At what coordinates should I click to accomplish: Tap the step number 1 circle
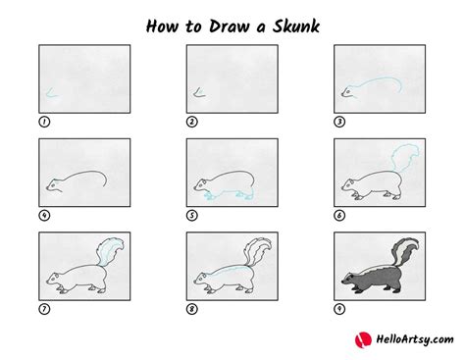click(42, 123)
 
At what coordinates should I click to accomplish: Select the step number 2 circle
click(191, 123)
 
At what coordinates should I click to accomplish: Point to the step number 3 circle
click(339, 123)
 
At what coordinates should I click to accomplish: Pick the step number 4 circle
click(42, 216)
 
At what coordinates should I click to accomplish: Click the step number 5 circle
click(191, 216)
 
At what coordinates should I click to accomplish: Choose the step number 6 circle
click(339, 216)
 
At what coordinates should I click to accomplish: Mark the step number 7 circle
click(42, 309)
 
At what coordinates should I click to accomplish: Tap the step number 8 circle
click(191, 309)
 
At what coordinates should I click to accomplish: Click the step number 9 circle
click(339, 309)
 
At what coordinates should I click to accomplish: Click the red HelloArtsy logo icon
click(361, 339)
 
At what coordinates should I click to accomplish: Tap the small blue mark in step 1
click(48, 94)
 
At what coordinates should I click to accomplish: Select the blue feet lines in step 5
click(216, 197)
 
